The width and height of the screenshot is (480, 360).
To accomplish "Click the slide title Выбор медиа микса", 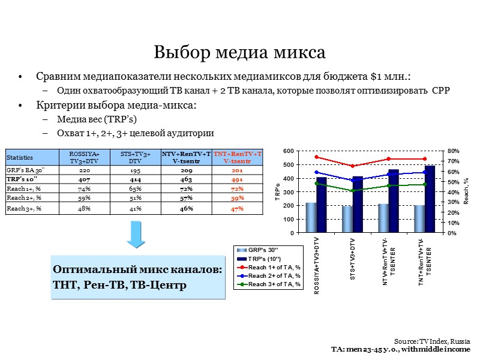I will tap(239, 52).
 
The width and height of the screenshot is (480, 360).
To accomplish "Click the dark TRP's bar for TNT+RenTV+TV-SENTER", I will tap(430, 199).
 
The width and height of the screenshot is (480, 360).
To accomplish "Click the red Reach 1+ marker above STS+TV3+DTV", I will tap(353, 166).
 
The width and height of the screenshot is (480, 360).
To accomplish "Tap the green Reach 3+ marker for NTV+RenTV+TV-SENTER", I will tap(389, 185).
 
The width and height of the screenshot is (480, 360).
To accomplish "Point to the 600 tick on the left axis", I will tap(288, 151).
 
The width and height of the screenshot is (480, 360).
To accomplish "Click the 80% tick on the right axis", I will tap(453, 151).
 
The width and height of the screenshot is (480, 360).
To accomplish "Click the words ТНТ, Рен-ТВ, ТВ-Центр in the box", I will tap(120, 283).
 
